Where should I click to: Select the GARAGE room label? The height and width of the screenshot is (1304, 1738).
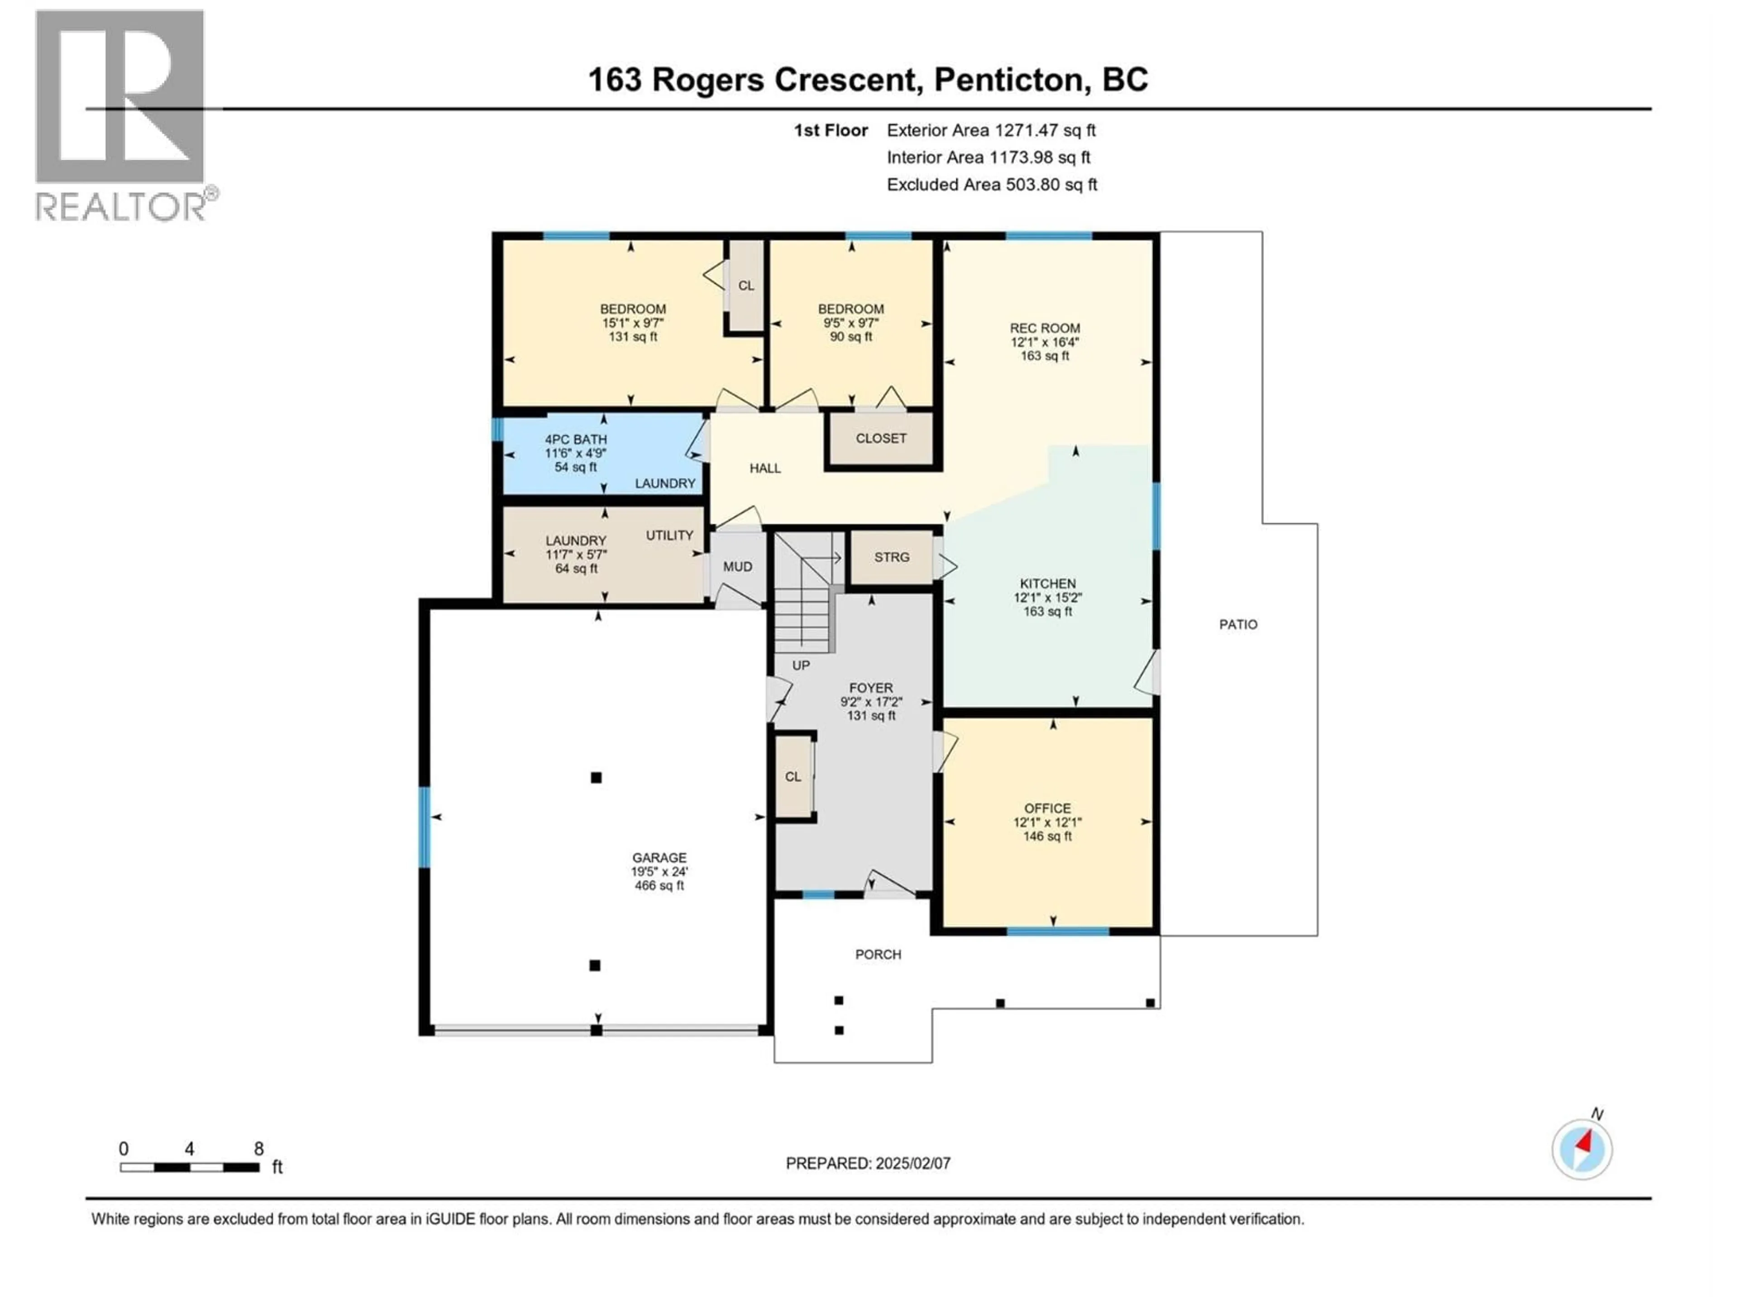coord(659,858)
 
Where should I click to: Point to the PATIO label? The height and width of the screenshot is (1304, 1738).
coord(1237,624)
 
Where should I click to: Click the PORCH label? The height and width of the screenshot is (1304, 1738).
coord(878,954)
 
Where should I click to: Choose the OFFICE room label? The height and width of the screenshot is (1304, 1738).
coord(1046,808)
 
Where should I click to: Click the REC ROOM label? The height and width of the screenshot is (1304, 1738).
coord(1044,328)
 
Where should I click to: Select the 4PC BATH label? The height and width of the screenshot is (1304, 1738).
coord(575,439)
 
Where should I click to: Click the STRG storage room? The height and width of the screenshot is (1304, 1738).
coord(891,557)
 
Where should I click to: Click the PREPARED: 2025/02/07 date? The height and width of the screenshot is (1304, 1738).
coord(868,1163)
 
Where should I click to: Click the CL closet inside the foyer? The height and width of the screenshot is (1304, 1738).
coord(793,777)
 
